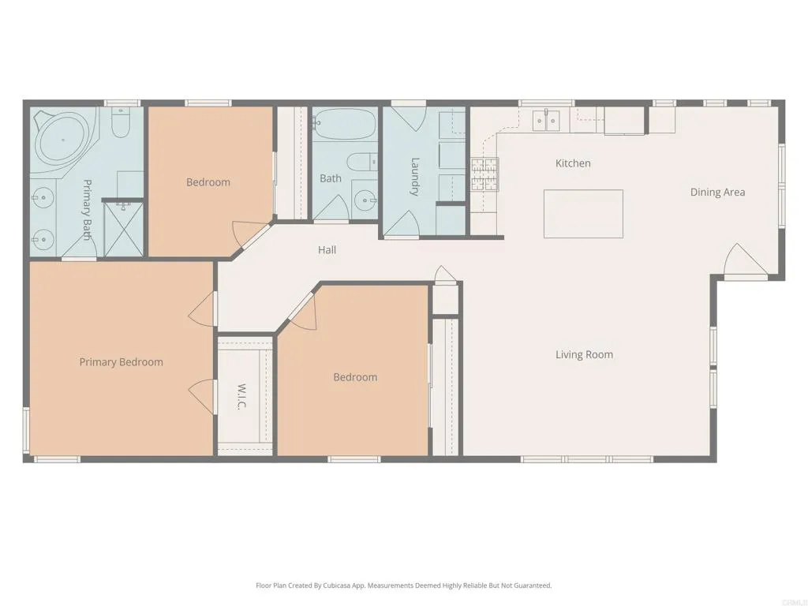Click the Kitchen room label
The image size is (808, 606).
[573, 163]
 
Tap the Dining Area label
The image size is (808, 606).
[717, 192]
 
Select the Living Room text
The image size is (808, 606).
[584, 354]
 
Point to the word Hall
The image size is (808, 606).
[327, 249]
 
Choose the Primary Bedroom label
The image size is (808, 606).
[121, 362]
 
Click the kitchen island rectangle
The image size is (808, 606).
[583, 213]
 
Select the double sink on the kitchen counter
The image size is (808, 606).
[546, 120]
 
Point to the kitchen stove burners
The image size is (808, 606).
[484, 176]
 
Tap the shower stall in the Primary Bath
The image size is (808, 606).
[124, 229]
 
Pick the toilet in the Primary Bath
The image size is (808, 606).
[121, 124]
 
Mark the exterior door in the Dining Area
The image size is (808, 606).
[744, 263]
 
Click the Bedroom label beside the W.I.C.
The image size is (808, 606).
[355, 377]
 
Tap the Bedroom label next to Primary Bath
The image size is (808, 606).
[208, 182]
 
